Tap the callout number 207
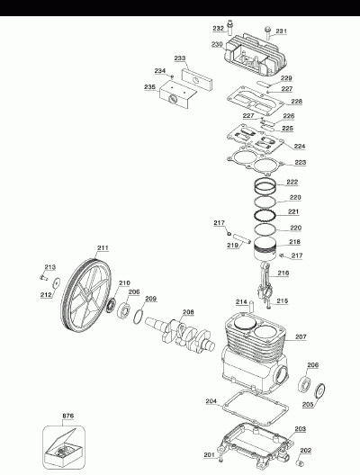tap(301, 336)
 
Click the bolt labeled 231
tap(268, 32)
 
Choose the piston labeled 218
tap(265, 248)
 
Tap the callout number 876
tap(67, 416)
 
